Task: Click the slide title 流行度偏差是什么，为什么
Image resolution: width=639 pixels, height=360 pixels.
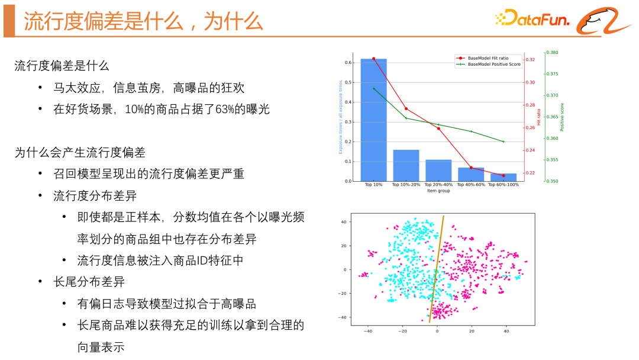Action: pyautogui.click(x=143, y=22)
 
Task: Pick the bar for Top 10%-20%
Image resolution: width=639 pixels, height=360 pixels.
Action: pyautogui.click(x=406, y=166)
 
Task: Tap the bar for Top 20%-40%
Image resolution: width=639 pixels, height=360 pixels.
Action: pyautogui.click(x=438, y=171)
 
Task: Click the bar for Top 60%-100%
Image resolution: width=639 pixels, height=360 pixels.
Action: pyautogui.click(x=504, y=177)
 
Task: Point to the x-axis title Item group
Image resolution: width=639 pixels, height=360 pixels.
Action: pyautogui.click(x=438, y=191)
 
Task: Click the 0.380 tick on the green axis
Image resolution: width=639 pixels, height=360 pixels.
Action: pyautogui.click(x=551, y=53)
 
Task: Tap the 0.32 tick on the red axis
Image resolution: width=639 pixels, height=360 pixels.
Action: pyautogui.click(x=530, y=60)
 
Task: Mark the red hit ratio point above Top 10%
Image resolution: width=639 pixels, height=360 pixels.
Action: pyautogui.click(x=373, y=59)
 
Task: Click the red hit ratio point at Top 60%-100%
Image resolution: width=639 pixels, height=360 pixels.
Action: pyautogui.click(x=504, y=175)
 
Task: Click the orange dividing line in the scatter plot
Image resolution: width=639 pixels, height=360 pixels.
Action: pyautogui.click(x=437, y=266)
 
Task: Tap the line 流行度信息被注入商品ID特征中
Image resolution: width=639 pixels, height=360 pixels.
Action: pyautogui.click(x=160, y=261)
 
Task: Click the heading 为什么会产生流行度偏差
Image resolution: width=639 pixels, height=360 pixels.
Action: pyautogui.click(x=80, y=153)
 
